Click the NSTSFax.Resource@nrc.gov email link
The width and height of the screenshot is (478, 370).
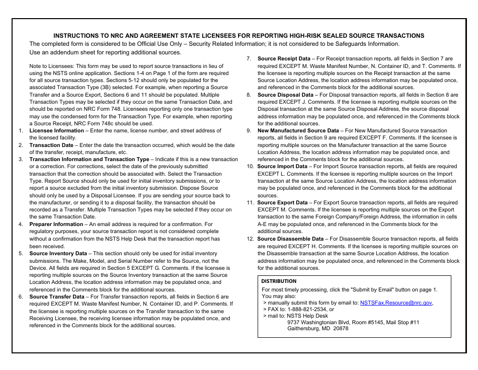coord(396,303)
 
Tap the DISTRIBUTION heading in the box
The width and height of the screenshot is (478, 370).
coord(279,281)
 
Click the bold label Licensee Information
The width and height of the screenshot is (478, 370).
coord(56,131)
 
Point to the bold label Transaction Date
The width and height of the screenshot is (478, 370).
coord(51,145)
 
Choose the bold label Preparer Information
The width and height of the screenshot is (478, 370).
coord(56,225)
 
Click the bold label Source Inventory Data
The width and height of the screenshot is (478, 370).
coord(58,254)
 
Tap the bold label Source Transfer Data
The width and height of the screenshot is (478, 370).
coord(57,297)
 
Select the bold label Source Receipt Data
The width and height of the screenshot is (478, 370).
coord(284,59)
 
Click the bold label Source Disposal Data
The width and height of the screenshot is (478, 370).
coord(285,95)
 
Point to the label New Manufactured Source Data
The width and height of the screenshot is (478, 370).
coord(298,131)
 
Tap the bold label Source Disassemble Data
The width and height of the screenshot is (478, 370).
coord(290,239)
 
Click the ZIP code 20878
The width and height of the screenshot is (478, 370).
coord(341,329)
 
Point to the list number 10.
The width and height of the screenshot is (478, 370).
coord(250,167)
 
